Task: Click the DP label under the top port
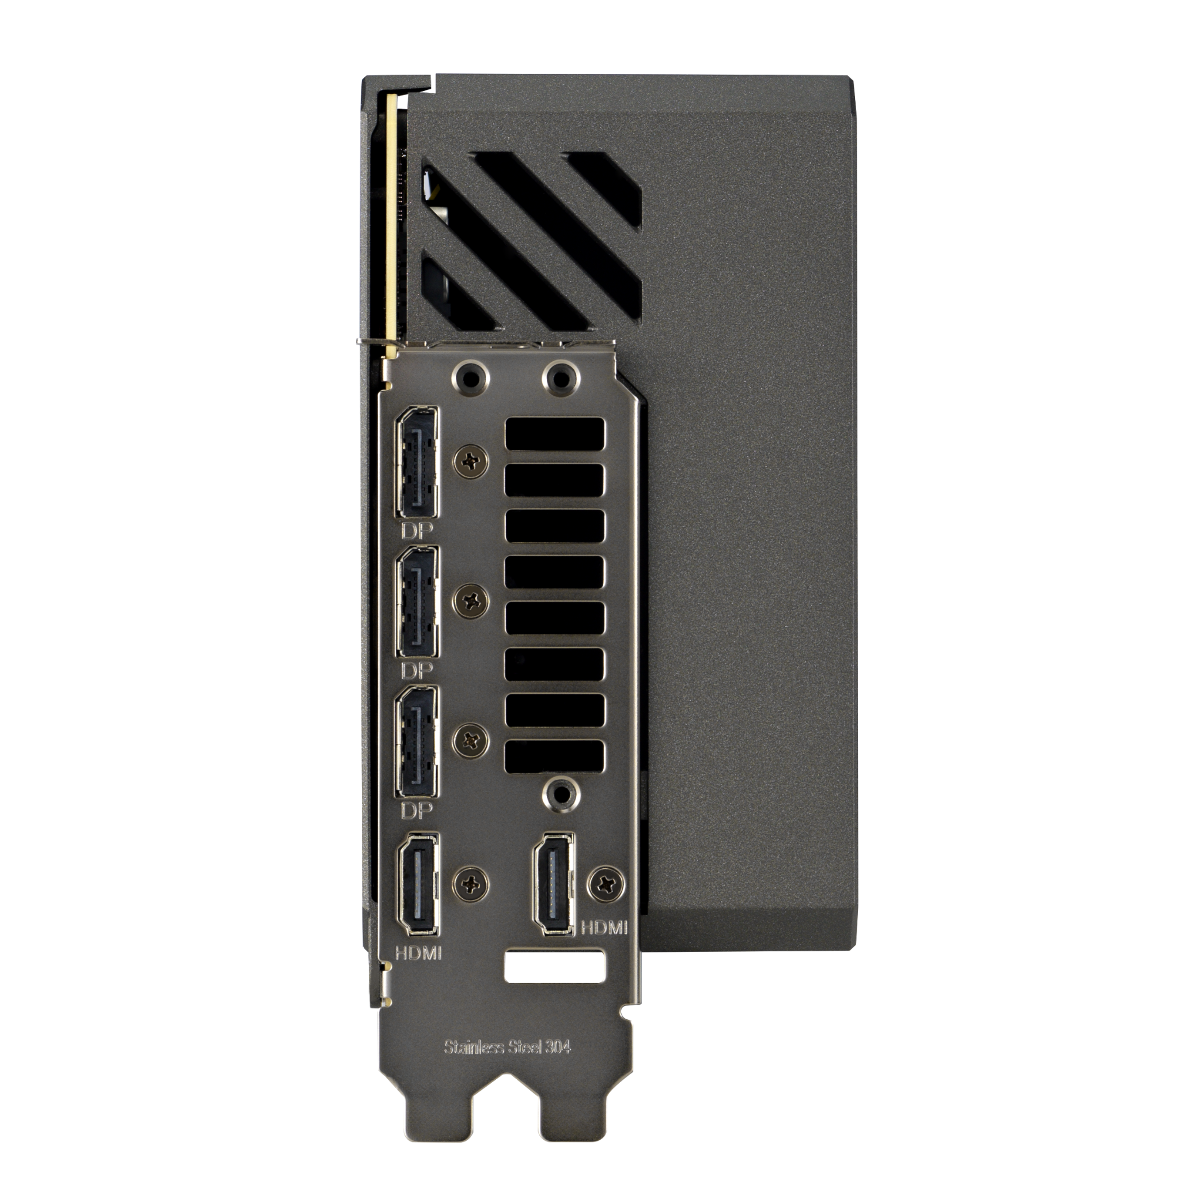coord(417,531)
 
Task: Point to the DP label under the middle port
coord(417,671)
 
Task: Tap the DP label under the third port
coord(417,811)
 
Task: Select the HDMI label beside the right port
coord(604,944)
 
